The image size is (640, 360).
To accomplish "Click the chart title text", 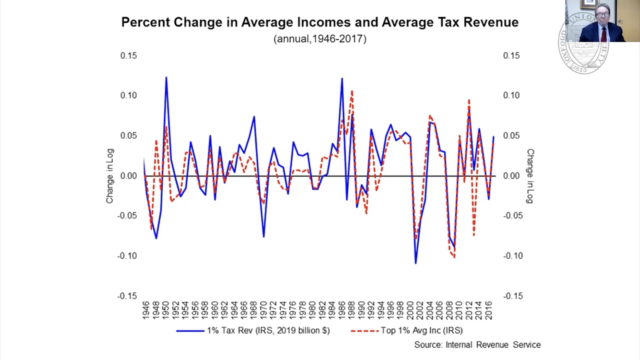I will [x=320, y=23].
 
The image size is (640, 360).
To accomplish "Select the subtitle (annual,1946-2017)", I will [x=320, y=39].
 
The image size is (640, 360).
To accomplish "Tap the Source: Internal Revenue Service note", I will [x=477, y=345].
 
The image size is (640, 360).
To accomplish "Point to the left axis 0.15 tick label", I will [x=128, y=56].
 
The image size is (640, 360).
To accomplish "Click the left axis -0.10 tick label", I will [x=127, y=256].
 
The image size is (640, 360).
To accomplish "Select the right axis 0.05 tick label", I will [x=511, y=136].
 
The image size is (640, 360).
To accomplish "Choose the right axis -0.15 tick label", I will [x=512, y=296].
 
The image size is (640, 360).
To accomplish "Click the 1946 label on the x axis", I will [x=146, y=312].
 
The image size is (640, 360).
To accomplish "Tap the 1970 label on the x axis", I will [x=264, y=312].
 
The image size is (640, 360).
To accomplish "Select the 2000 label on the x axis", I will [x=411, y=312].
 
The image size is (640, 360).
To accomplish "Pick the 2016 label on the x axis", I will [x=489, y=312].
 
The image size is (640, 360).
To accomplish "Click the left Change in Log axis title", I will [x=110, y=176].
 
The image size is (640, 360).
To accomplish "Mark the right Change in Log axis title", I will [x=530, y=176].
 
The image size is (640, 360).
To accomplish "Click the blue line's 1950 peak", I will [x=166, y=77].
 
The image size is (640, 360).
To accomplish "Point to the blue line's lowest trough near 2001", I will [x=415, y=263].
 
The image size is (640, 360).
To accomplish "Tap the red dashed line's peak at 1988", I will [x=352, y=91].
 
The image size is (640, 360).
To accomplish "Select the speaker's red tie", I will [x=604, y=34].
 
